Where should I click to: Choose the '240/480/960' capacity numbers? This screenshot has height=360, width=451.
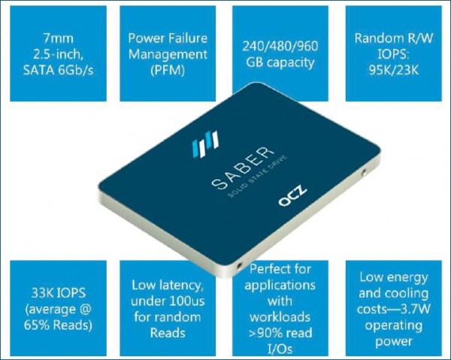[x=280, y=45]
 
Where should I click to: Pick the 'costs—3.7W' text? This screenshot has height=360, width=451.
[x=391, y=309]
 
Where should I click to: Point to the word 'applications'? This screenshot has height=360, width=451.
[x=280, y=285]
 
